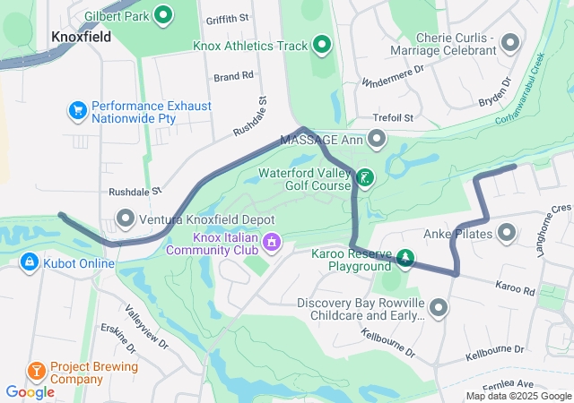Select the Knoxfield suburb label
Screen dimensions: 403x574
pos(82,37)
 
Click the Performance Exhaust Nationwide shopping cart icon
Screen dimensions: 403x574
pos(78,112)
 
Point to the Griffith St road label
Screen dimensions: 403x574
pos(226,18)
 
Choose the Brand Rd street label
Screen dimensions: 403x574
pos(234,77)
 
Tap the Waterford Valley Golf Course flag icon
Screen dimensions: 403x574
pos(365,178)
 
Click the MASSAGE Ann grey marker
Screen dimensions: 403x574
pos(377,140)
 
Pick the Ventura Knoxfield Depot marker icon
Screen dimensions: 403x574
pos(125,218)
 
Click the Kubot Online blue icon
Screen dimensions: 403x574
pos(30,262)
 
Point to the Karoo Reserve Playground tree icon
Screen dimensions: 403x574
pos(405,260)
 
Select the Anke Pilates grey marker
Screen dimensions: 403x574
pos(507,235)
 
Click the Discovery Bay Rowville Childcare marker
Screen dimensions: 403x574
pos(439,309)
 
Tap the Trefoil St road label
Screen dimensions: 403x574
pos(395,118)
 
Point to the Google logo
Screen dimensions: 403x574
pos(30,391)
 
